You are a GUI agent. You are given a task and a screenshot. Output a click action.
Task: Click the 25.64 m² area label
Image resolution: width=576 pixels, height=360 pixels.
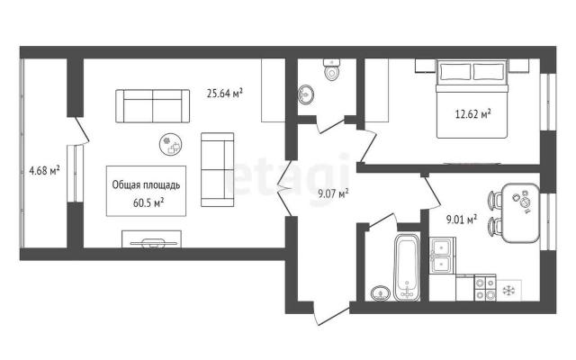(x=224, y=94)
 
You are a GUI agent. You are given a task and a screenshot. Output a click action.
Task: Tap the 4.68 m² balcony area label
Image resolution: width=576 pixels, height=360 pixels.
(x=44, y=170)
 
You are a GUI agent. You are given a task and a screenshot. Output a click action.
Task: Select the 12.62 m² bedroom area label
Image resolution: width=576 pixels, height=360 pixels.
(x=473, y=114)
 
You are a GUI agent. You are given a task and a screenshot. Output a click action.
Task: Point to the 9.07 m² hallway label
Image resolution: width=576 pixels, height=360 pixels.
(x=334, y=193)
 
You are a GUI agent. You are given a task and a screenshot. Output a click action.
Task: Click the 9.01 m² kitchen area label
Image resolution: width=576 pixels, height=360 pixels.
(x=462, y=220)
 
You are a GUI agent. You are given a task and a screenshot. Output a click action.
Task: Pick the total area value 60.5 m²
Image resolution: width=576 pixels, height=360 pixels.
(x=148, y=202)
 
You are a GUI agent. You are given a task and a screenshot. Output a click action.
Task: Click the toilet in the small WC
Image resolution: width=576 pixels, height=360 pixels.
(x=332, y=70)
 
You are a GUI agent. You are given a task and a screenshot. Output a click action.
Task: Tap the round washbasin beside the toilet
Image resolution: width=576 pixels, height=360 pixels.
(x=306, y=94)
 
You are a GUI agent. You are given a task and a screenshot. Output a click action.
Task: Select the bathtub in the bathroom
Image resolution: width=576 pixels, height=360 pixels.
(x=407, y=267)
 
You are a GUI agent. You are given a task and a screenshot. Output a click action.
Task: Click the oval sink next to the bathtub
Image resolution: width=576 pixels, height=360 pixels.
(x=381, y=293)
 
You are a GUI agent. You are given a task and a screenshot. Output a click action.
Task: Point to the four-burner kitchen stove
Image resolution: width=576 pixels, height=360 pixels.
(x=485, y=288)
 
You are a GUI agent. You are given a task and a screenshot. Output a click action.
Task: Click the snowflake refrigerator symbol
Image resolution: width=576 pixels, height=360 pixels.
(x=508, y=291)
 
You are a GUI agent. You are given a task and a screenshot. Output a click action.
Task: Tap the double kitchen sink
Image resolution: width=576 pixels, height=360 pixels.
(x=442, y=256)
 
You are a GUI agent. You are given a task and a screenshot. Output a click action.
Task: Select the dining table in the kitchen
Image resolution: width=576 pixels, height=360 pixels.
(x=521, y=213)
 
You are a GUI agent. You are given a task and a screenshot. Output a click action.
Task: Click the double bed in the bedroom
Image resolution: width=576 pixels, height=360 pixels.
(x=472, y=98)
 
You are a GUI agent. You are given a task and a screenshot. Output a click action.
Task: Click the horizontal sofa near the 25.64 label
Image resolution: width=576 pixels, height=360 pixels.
(x=153, y=106)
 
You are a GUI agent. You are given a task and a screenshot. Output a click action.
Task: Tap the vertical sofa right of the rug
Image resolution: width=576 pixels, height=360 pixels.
(x=218, y=169)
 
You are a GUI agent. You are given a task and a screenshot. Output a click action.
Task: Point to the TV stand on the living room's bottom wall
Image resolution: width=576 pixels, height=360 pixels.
(x=151, y=239)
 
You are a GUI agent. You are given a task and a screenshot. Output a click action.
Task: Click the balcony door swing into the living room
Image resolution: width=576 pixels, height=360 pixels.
(x=82, y=130)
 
